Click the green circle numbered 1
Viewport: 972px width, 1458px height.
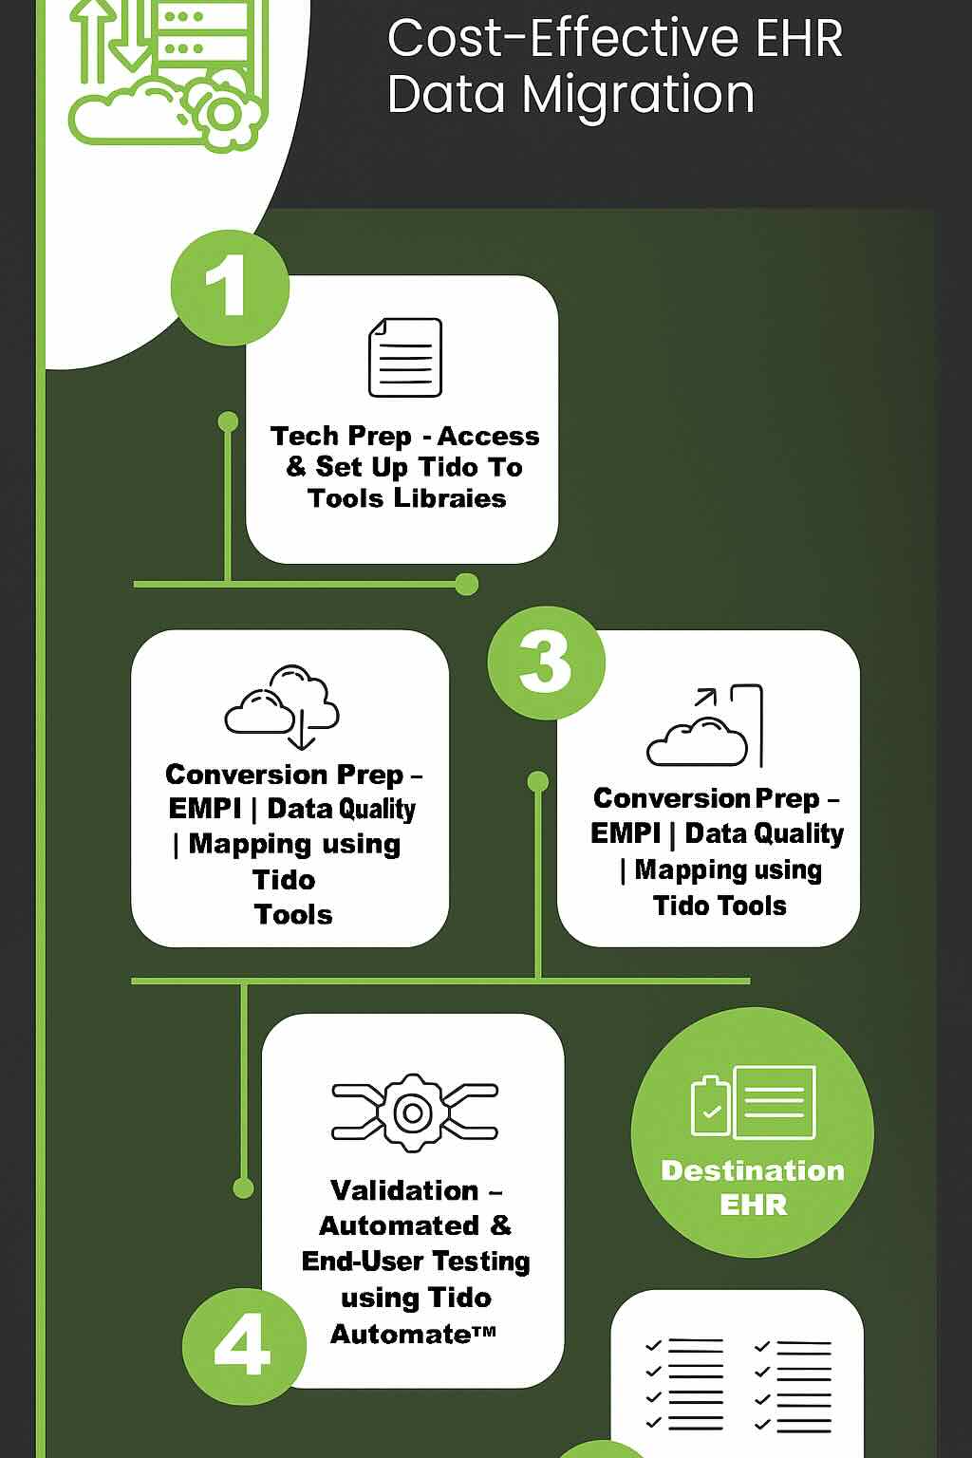click(230, 287)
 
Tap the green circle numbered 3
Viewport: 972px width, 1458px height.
click(546, 662)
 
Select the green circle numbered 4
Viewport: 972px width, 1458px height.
click(243, 1346)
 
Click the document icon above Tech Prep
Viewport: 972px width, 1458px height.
click(405, 357)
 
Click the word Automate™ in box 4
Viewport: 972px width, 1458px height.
click(413, 1334)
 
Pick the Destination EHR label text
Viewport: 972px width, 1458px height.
click(753, 1187)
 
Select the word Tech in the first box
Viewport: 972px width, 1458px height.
click(304, 436)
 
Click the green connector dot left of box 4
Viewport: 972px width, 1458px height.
click(244, 1187)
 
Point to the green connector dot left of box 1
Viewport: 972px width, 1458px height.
click(228, 421)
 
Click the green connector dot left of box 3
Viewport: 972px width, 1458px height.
click(538, 782)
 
